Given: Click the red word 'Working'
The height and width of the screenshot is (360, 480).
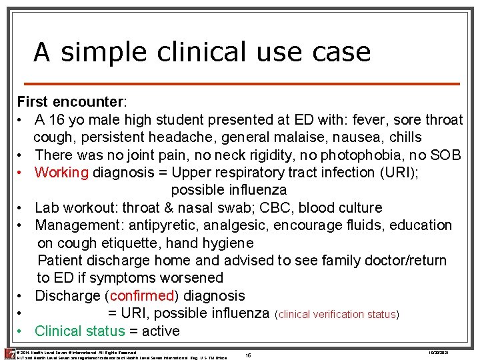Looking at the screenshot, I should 61,173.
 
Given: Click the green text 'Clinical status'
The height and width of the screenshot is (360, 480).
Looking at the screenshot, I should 79,331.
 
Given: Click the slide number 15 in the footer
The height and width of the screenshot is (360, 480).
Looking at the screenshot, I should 248,355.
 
